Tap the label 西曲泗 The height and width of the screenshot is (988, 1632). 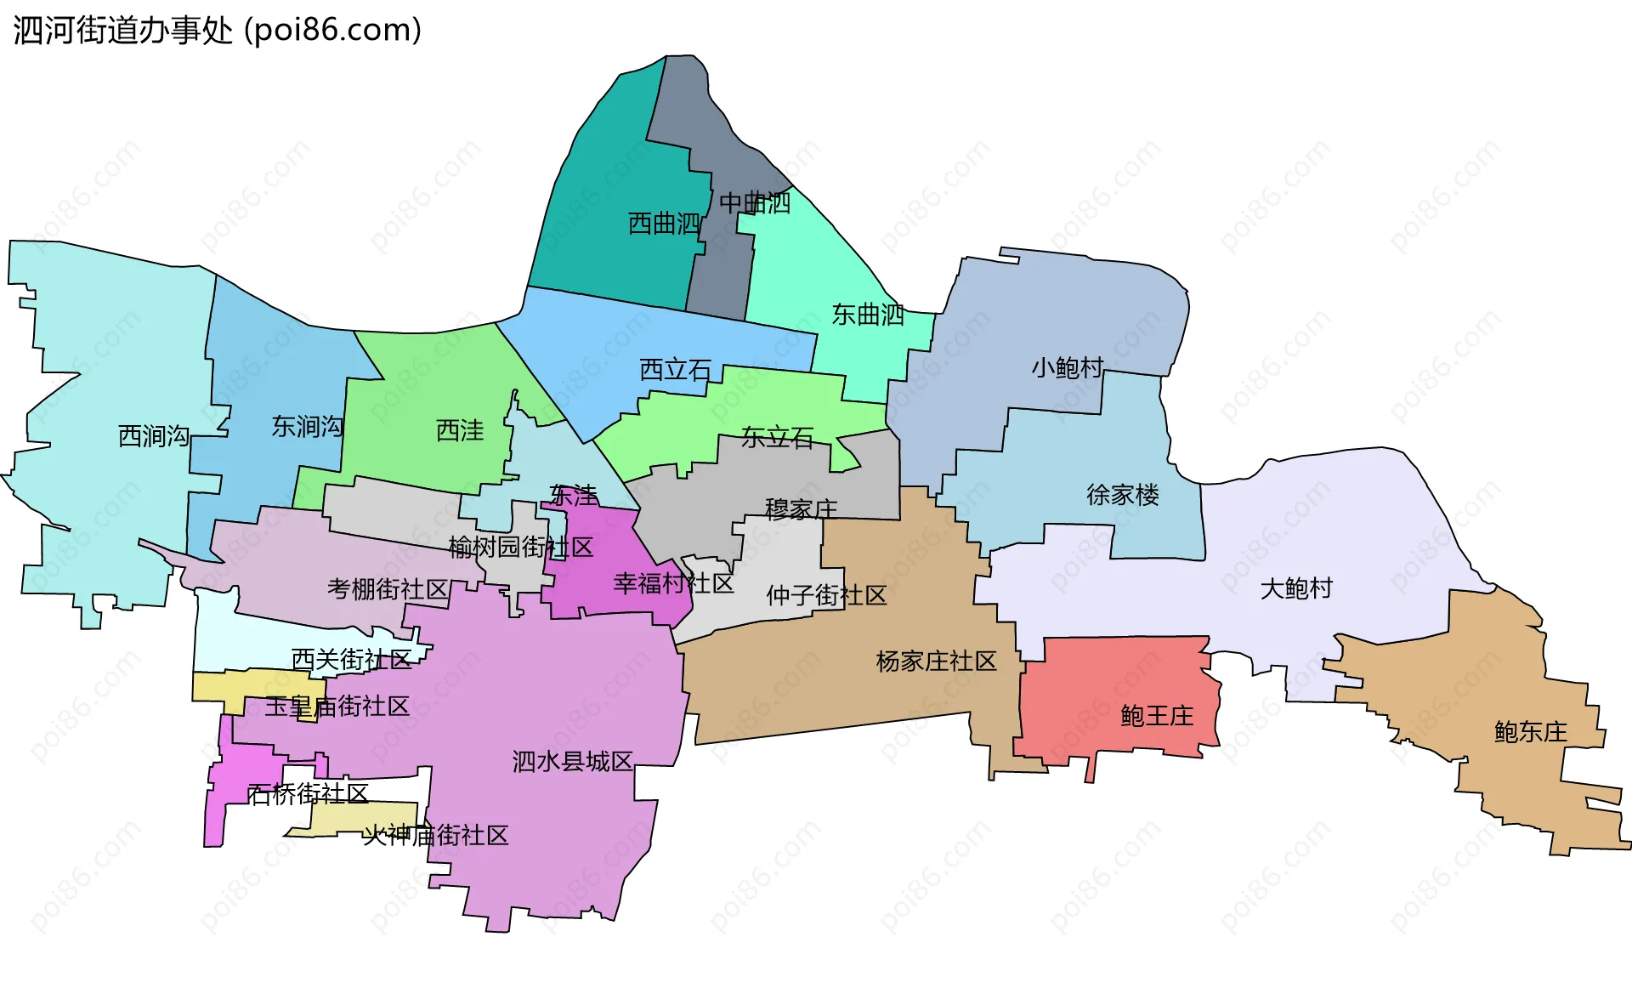coord(664,224)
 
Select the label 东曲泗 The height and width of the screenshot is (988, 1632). coord(868,315)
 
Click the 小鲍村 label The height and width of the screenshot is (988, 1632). coord(1068,367)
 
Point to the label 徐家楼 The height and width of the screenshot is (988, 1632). coord(1122,495)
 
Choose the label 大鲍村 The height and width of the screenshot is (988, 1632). coord(1296,588)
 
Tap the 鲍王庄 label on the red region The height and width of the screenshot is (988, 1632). coord(1157,716)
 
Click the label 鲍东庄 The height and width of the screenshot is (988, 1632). coord(1530,732)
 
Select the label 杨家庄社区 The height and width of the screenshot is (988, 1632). coord(936,662)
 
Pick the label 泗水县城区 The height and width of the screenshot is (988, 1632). coord(572,762)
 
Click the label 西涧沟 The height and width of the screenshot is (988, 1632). coord(154,436)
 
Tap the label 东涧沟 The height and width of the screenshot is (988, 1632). coord(307,427)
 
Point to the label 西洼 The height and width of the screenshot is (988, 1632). coord(460,431)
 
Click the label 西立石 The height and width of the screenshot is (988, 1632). coord(675,370)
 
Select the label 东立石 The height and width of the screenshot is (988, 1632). coord(777,438)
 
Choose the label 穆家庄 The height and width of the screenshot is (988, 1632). coord(801,509)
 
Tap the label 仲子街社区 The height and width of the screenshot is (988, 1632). coord(826,595)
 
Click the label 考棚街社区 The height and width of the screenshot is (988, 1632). coord(388,589)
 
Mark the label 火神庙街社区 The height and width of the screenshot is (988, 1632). coord(435,836)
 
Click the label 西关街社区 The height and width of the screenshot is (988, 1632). coord(351,660)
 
